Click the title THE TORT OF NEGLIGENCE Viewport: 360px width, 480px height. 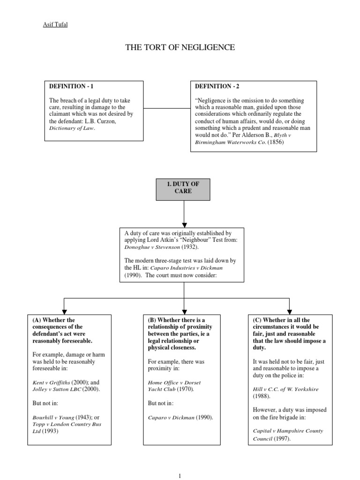(180, 47)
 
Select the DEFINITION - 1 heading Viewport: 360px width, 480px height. (74, 87)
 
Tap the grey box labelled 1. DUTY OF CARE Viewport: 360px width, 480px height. (183, 188)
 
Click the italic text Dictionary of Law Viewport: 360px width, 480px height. (72, 127)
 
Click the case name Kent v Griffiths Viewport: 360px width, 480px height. (51, 382)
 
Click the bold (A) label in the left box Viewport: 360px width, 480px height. (37, 320)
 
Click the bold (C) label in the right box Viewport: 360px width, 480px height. (256, 320)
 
